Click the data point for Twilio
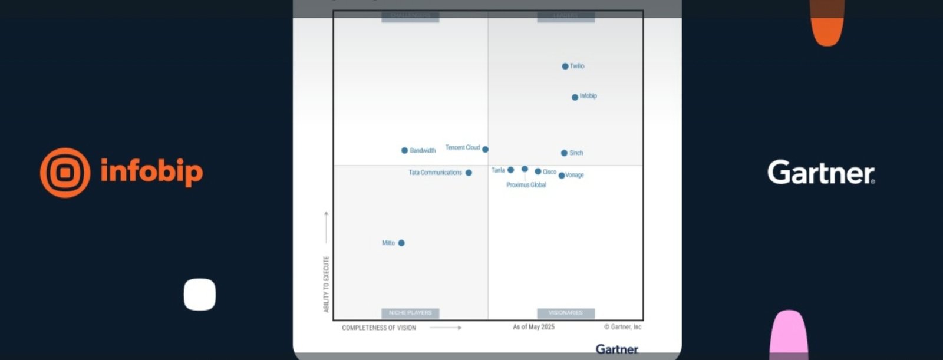pos(565,67)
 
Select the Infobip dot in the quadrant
pos(575,97)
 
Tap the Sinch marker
pos(564,153)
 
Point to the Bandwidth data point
pos(404,151)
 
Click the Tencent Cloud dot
pos(485,150)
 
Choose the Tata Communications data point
pos(469,173)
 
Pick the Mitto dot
pos(401,243)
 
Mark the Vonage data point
pos(562,176)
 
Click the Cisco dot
pos(538,171)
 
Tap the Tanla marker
pos(511,170)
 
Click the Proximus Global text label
pos(526,185)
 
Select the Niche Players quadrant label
pos(410,313)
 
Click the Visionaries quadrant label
pos(565,313)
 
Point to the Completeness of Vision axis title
pos(379,328)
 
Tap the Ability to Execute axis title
pos(327,284)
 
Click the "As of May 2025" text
pos(533,327)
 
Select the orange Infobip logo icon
pos(65,173)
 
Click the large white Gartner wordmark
pos(821,173)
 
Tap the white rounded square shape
pos(200,294)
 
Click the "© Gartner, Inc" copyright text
pos(622,327)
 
